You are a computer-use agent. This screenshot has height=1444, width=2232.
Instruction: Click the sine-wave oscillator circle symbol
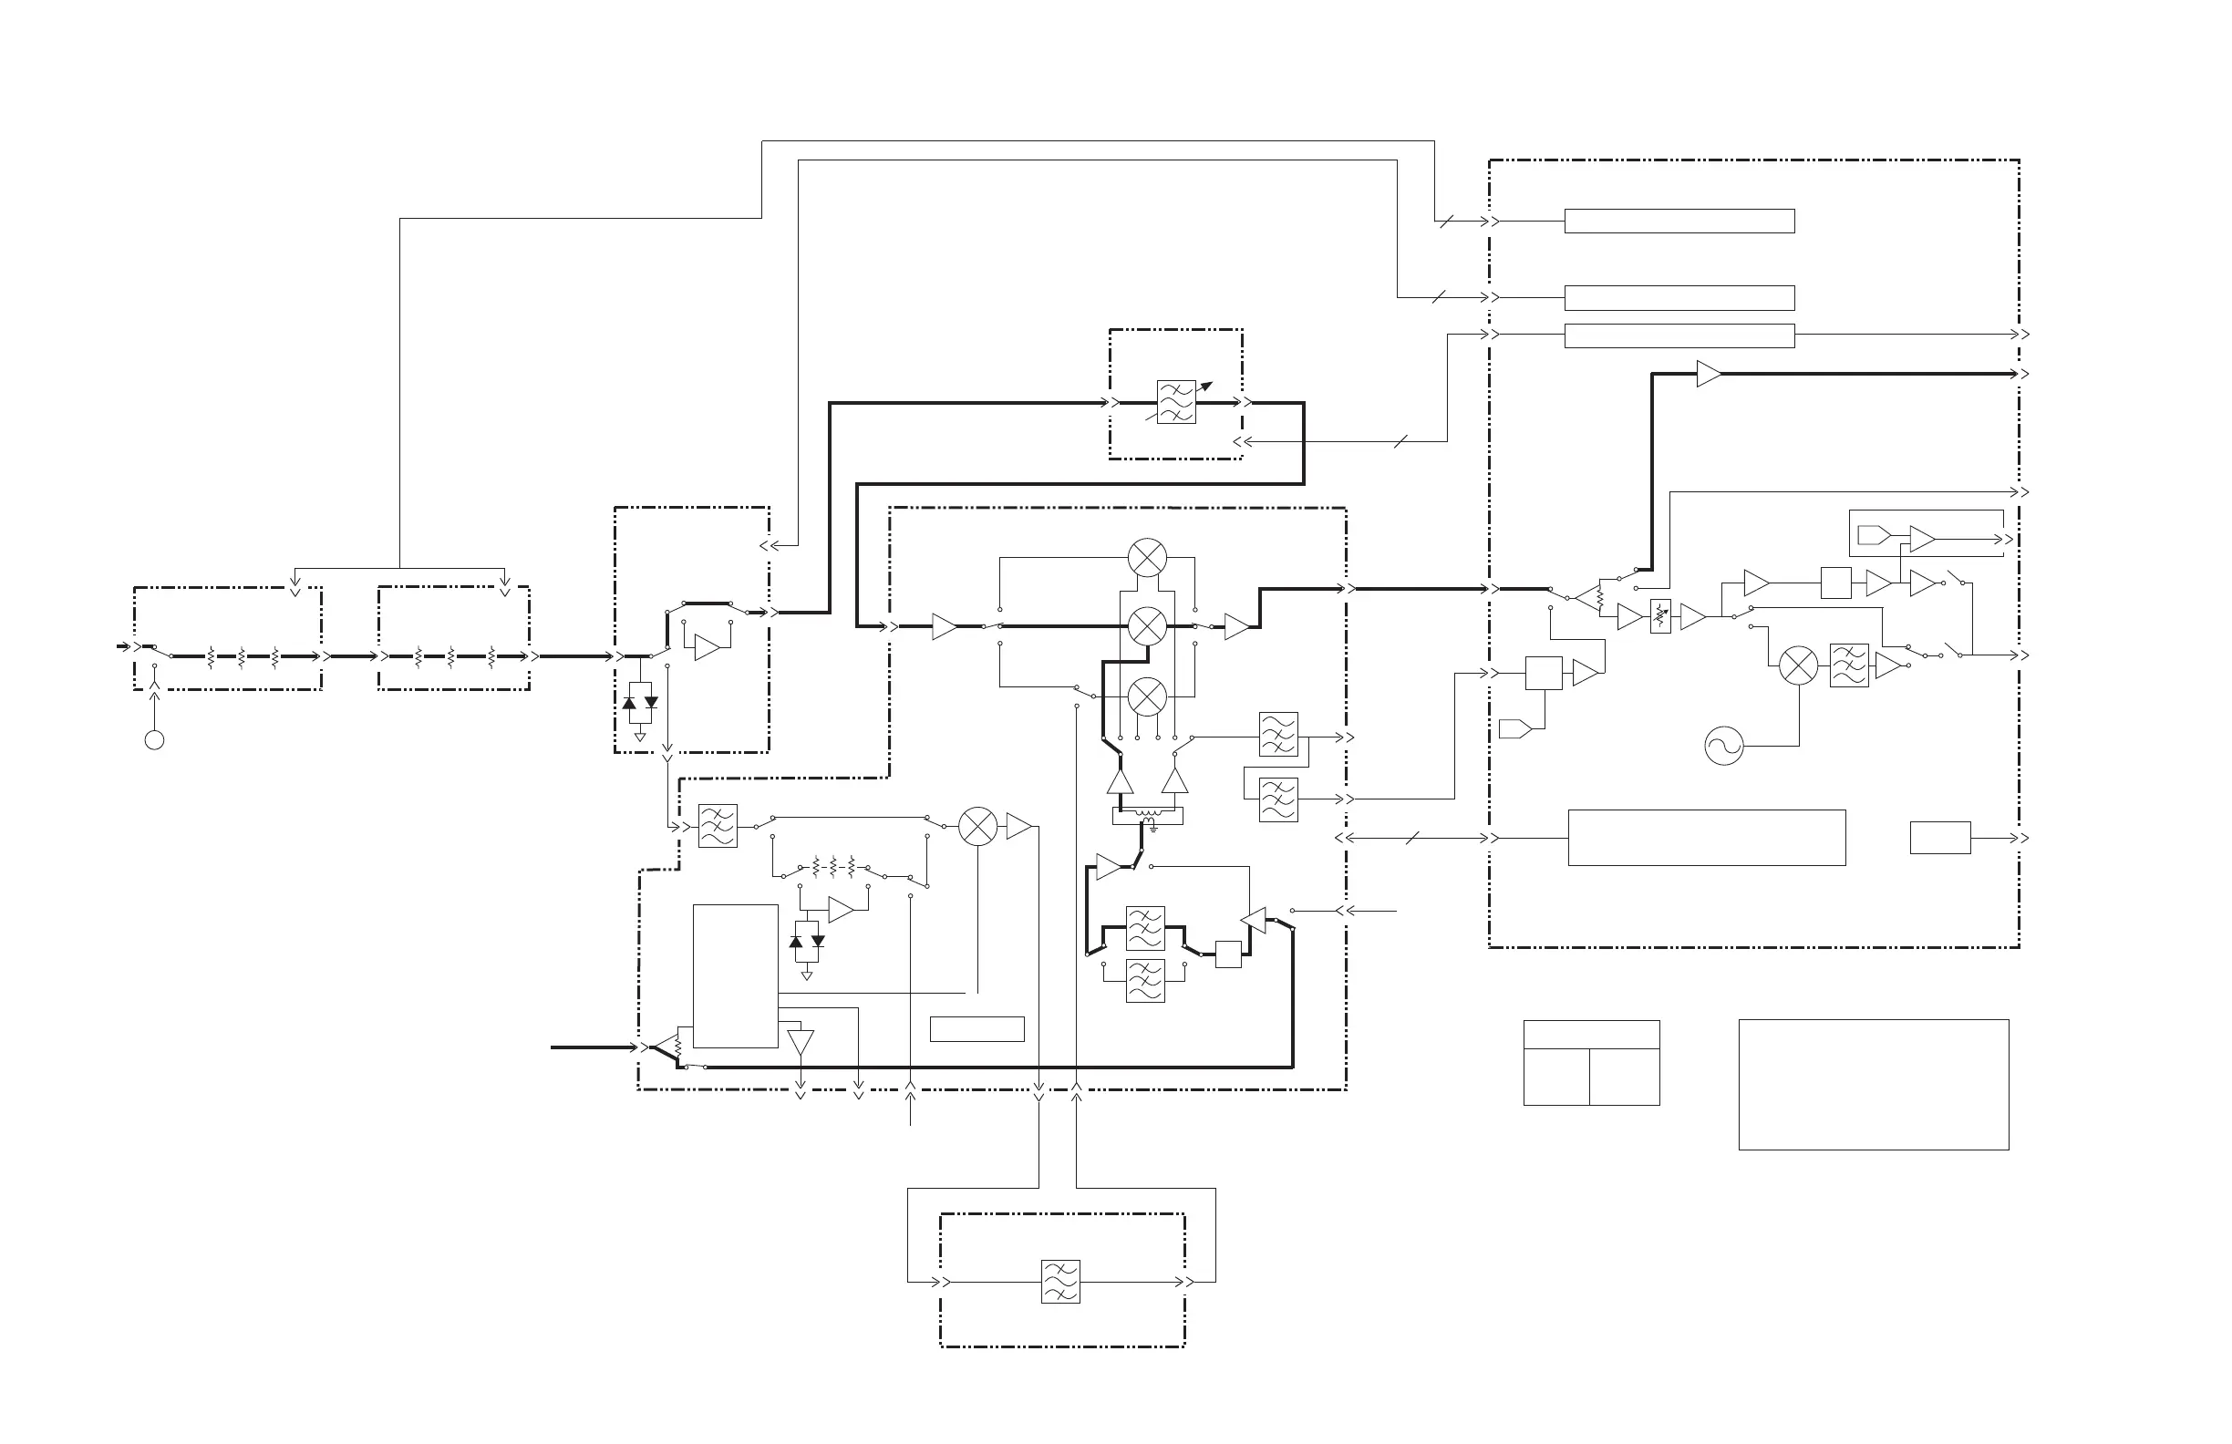click(1724, 747)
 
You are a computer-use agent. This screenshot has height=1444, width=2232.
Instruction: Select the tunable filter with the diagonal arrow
click(1176, 401)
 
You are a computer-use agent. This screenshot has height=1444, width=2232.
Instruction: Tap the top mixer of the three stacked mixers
click(1147, 558)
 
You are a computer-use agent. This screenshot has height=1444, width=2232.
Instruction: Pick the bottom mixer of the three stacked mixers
click(1147, 696)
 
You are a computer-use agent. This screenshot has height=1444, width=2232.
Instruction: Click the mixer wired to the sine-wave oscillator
click(1799, 665)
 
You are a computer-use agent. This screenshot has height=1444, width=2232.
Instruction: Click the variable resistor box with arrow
click(1660, 616)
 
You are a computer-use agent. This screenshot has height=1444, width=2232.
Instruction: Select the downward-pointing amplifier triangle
click(801, 1043)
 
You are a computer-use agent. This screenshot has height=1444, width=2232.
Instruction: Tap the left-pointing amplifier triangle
click(1254, 920)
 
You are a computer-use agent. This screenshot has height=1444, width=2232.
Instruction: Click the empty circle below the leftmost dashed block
click(155, 741)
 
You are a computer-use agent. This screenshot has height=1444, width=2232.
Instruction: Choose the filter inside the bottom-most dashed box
click(1060, 1282)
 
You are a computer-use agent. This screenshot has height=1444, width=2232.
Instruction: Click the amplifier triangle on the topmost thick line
click(1709, 374)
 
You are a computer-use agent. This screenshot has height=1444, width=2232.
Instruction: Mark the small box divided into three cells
click(1591, 1062)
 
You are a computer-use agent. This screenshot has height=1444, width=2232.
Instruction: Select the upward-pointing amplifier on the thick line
click(1120, 781)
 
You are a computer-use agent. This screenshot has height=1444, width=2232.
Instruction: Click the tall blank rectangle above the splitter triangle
click(735, 975)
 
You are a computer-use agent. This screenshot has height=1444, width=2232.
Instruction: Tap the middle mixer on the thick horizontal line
click(1147, 625)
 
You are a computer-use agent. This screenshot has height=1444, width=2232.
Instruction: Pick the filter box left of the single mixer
click(718, 826)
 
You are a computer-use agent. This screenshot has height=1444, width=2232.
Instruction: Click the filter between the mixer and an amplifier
click(1849, 665)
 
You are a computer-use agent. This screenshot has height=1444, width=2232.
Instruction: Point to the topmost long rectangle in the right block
click(1679, 222)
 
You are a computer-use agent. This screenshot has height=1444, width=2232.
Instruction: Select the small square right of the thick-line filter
click(1228, 954)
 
